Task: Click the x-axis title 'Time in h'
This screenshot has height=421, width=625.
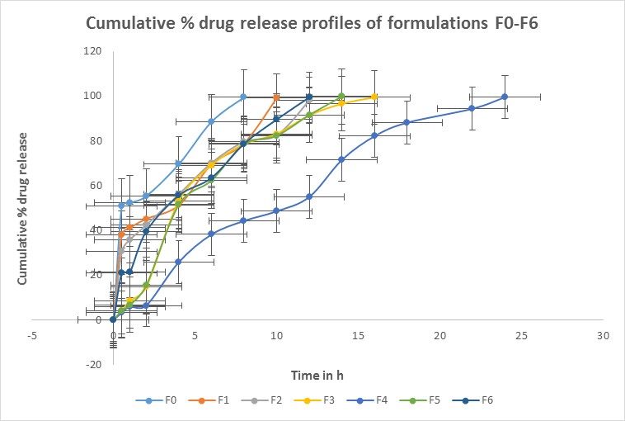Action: click(x=317, y=376)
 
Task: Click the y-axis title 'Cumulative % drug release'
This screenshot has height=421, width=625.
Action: click(x=23, y=208)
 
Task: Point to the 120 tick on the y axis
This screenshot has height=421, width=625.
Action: click(x=91, y=51)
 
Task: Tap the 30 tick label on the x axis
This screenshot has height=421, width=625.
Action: click(x=604, y=336)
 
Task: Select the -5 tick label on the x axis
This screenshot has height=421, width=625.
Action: click(x=31, y=336)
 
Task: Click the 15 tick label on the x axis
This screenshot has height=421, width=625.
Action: click(x=358, y=336)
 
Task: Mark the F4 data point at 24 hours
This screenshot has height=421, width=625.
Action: click(x=505, y=97)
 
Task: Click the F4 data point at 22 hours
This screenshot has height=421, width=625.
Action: click(x=472, y=108)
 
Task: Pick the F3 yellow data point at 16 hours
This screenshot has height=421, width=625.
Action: click(x=374, y=97)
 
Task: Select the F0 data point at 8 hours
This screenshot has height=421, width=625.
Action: click(x=243, y=97)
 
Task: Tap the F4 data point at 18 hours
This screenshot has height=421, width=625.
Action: click(x=406, y=122)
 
